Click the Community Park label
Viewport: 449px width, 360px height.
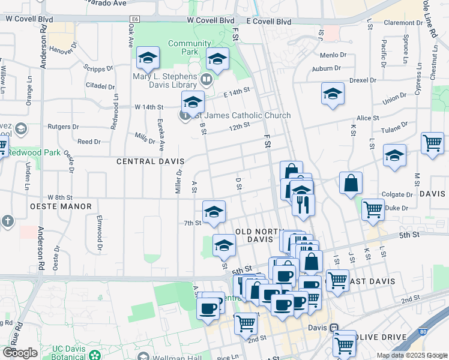[189, 47]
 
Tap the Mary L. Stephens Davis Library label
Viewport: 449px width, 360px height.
[164, 80]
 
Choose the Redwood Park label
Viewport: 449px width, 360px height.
[34, 152]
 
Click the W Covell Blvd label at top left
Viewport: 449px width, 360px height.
[29, 19]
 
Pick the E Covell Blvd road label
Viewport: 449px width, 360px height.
[268, 21]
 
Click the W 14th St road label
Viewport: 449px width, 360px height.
[149, 107]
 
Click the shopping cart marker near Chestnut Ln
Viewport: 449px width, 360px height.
[432, 143]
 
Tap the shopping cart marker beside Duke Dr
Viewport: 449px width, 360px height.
[373, 209]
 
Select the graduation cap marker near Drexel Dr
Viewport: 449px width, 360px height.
[332, 94]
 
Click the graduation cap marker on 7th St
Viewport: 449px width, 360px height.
[214, 212]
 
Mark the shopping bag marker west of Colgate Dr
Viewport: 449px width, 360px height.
[351, 183]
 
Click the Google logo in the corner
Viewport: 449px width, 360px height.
[20, 353]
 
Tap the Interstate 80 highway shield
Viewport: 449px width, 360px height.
[424, 331]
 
